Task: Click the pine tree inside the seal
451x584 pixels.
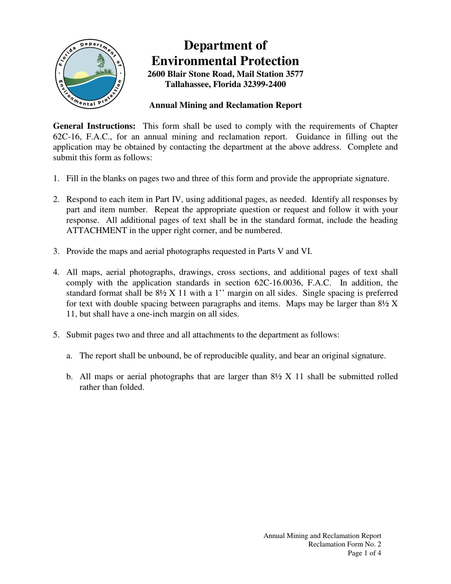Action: point(101,63)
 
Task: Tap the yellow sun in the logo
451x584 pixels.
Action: point(81,75)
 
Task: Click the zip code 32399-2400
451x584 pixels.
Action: point(260,84)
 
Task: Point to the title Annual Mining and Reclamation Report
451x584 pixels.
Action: point(225,105)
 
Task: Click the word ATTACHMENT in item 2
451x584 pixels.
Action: point(96,230)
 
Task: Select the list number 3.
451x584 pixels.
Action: point(56,251)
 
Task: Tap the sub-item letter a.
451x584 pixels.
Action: point(69,356)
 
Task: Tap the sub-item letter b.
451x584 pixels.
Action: point(69,377)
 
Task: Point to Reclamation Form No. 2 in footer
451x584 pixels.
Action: point(344,545)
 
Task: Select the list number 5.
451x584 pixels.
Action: point(56,335)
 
